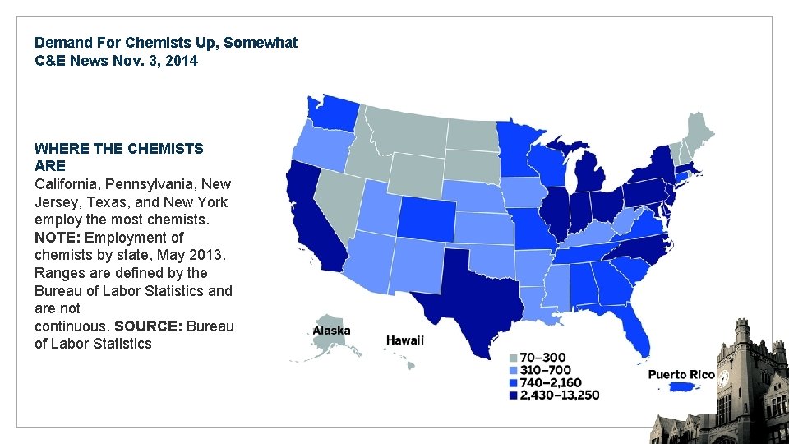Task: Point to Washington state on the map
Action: (x=332, y=115)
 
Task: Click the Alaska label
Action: (x=331, y=331)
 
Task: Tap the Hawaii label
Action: (x=405, y=340)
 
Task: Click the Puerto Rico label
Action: (x=681, y=375)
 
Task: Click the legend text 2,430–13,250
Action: (x=559, y=395)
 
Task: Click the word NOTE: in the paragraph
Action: (x=58, y=238)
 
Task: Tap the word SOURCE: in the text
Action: (x=149, y=326)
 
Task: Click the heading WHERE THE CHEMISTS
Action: (x=118, y=149)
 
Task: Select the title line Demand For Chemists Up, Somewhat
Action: (x=166, y=42)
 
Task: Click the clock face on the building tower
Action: (x=723, y=379)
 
